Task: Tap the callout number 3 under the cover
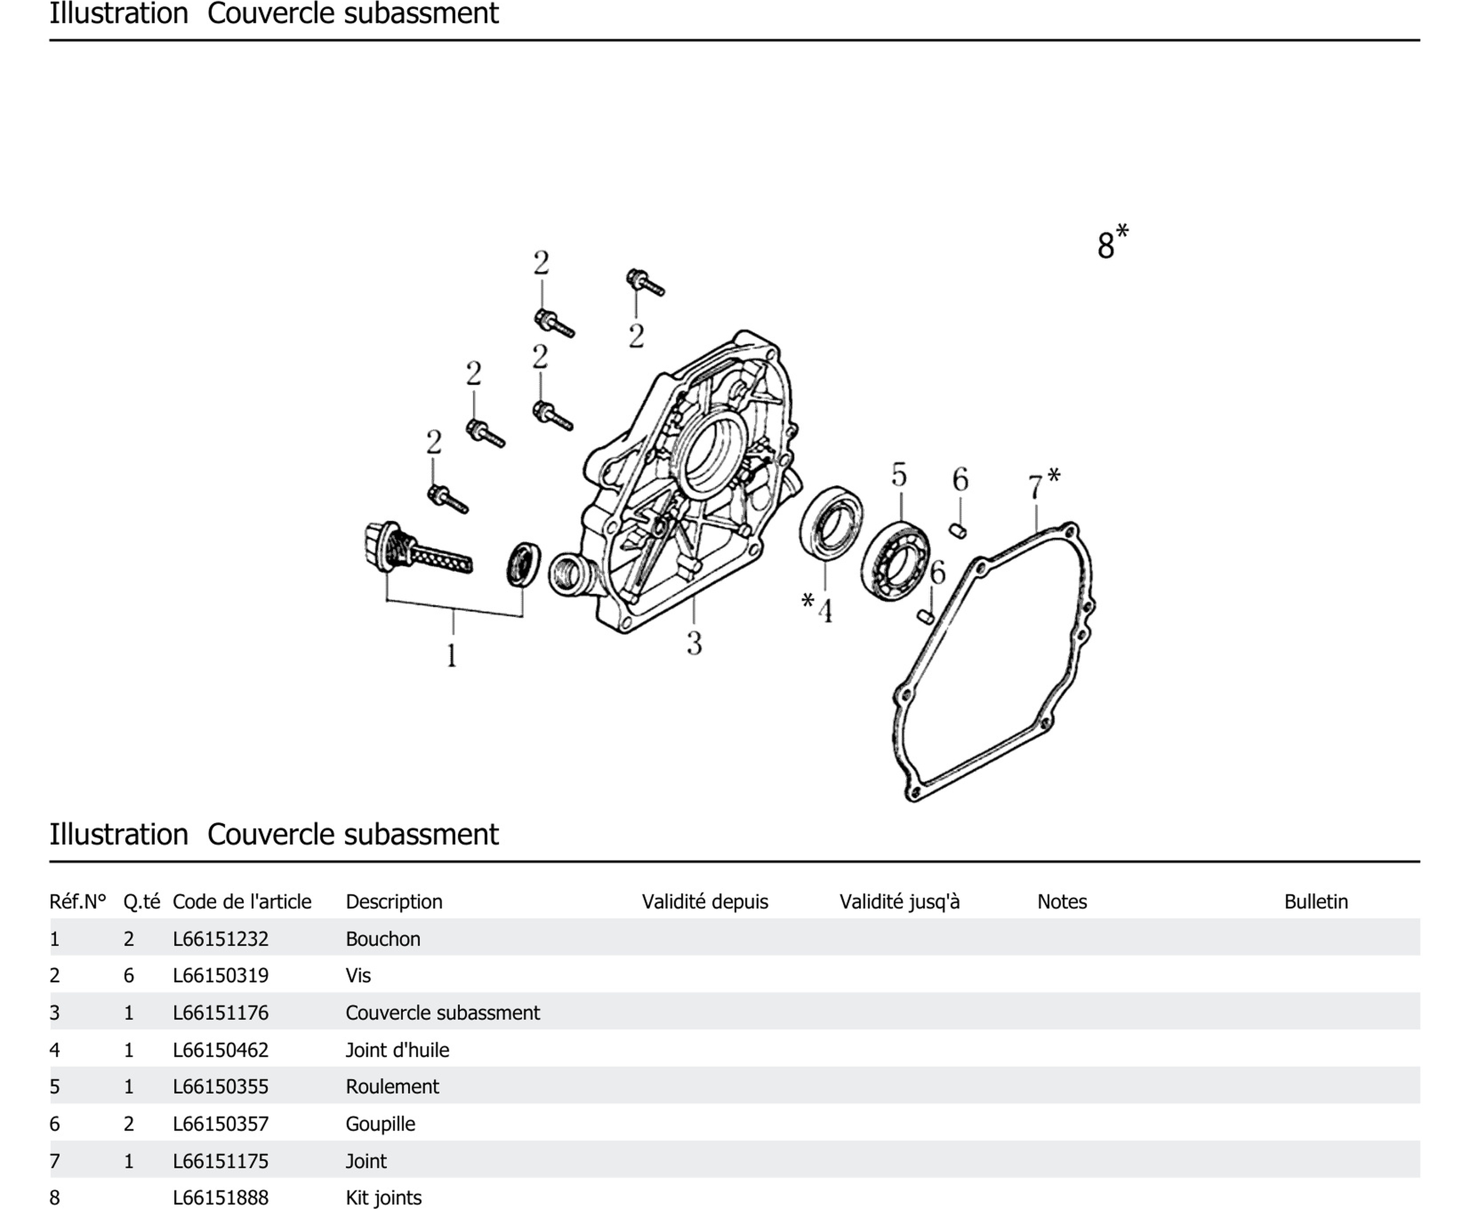click(x=694, y=643)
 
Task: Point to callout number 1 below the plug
click(x=451, y=655)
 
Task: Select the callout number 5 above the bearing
click(x=899, y=475)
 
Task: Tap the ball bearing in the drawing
click(x=895, y=559)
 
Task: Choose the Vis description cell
click(x=358, y=975)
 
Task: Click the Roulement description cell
click(x=392, y=1086)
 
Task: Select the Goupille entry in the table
click(x=380, y=1123)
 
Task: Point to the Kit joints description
click(x=383, y=1197)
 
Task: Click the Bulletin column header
click(x=1315, y=901)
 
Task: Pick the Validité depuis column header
click(x=704, y=901)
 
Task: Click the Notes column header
click(x=1062, y=901)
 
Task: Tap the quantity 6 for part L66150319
click(x=129, y=975)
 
